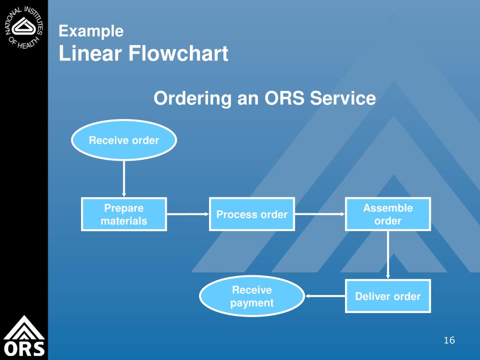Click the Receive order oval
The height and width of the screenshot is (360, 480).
pyautogui.click(x=124, y=140)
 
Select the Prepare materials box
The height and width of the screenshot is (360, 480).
pyautogui.click(x=124, y=214)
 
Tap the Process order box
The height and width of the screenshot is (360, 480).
pyautogui.click(x=252, y=214)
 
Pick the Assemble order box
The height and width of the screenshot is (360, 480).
pyautogui.click(x=388, y=214)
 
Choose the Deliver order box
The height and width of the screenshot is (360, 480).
pyautogui.click(x=388, y=296)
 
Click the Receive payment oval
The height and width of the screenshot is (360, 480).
pyautogui.click(x=252, y=296)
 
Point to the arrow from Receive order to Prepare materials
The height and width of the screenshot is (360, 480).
pyautogui.click(x=124, y=178)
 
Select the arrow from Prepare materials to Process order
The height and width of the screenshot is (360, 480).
pyautogui.click(x=188, y=214)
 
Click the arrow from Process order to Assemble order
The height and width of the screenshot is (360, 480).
pyautogui.click(x=320, y=214)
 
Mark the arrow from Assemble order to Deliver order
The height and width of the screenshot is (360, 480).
pyautogui.click(x=388, y=255)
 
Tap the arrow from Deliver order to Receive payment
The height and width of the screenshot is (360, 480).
pyautogui.click(x=325, y=296)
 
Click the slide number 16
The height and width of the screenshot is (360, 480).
pyautogui.click(x=449, y=340)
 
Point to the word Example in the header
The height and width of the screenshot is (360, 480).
pyautogui.click(x=91, y=31)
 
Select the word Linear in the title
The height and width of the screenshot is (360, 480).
pyautogui.click(x=90, y=54)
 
